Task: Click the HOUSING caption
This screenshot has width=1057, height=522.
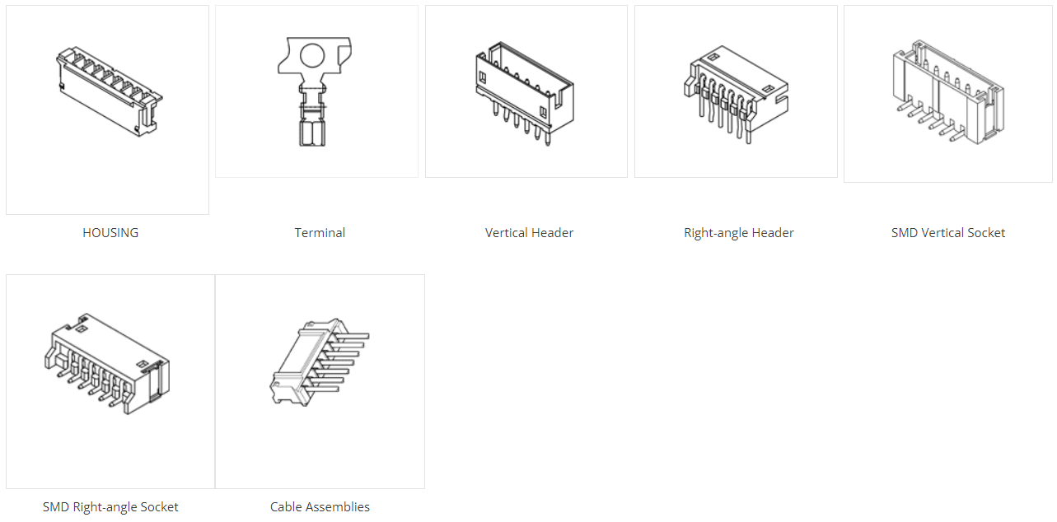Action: [x=110, y=232]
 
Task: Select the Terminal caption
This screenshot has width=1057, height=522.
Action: [x=320, y=232]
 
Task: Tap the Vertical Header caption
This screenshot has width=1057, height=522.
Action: [x=529, y=232]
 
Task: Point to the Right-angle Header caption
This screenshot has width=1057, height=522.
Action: [x=739, y=233]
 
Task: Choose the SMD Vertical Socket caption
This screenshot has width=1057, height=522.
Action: [x=948, y=232]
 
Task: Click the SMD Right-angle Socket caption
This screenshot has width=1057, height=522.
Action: [x=110, y=507]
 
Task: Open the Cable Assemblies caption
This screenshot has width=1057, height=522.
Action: [x=320, y=507]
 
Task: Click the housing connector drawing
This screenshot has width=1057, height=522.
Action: [x=109, y=92]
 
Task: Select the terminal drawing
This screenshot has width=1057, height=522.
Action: [x=314, y=91]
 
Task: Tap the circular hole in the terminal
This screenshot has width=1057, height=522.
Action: [x=312, y=56]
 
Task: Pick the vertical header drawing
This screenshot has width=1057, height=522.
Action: [x=525, y=93]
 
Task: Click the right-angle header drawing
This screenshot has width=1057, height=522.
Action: [x=736, y=95]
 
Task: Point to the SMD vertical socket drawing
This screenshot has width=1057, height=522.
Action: [x=948, y=92]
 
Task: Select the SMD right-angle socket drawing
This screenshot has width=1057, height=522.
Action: [x=107, y=364]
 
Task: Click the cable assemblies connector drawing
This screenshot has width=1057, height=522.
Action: [x=320, y=361]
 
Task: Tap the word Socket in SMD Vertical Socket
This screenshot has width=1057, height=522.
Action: [x=986, y=232]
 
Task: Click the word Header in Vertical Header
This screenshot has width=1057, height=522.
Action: [x=554, y=232]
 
